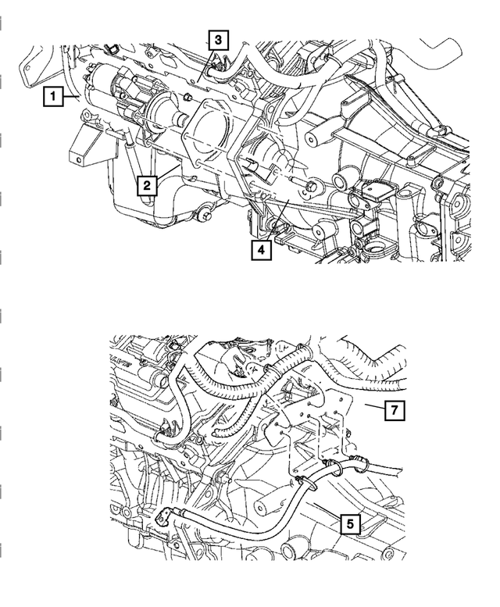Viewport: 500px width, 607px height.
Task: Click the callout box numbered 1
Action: click(53, 98)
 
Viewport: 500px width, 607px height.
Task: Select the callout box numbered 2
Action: click(147, 185)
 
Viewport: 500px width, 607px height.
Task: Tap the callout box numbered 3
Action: click(218, 38)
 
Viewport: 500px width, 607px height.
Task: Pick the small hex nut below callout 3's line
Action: click(190, 98)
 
